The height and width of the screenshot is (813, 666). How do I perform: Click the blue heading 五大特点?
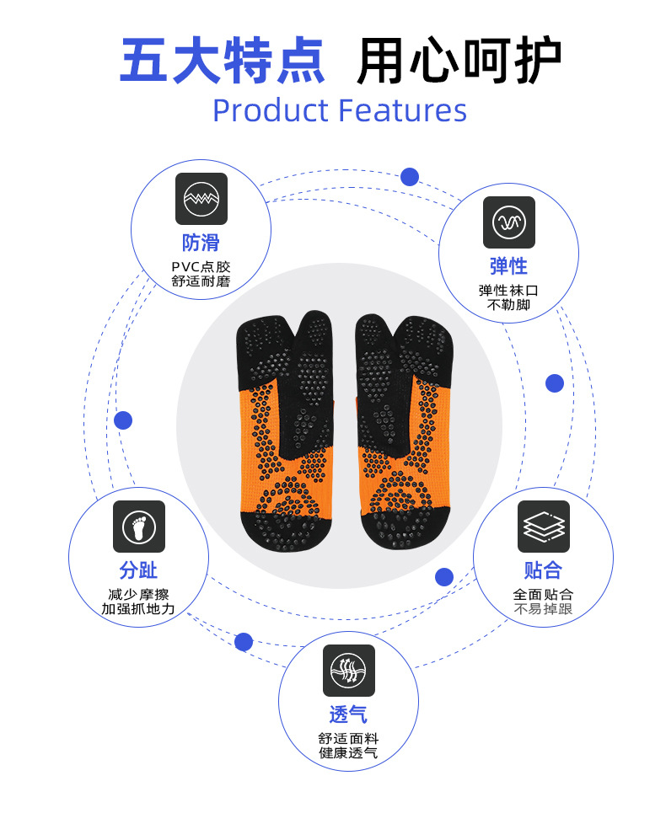(x=223, y=61)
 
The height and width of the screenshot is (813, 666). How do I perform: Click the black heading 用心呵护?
(x=459, y=61)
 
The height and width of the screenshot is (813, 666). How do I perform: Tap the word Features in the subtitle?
(x=402, y=110)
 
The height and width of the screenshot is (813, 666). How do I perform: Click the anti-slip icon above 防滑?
(x=201, y=199)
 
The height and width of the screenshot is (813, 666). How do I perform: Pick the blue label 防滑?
(x=201, y=243)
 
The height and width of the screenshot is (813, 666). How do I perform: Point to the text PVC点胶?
(x=201, y=266)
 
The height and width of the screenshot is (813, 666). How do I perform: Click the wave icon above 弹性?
(x=509, y=222)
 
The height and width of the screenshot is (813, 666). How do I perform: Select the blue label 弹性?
(x=508, y=267)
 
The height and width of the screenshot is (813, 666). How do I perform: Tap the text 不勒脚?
(x=508, y=305)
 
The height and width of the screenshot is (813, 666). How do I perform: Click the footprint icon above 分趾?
(x=139, y=527)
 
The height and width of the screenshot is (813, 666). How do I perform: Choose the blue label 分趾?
(x=138, y=570)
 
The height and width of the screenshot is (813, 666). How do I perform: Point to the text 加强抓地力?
(x=138, y=608)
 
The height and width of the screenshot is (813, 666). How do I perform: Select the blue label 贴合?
(x=543, y=570)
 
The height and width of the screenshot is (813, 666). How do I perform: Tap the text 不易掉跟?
(x=543, y=608)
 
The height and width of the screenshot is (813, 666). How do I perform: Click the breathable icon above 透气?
(x=349, y=671)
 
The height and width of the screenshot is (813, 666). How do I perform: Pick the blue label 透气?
(x=348, y=715)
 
